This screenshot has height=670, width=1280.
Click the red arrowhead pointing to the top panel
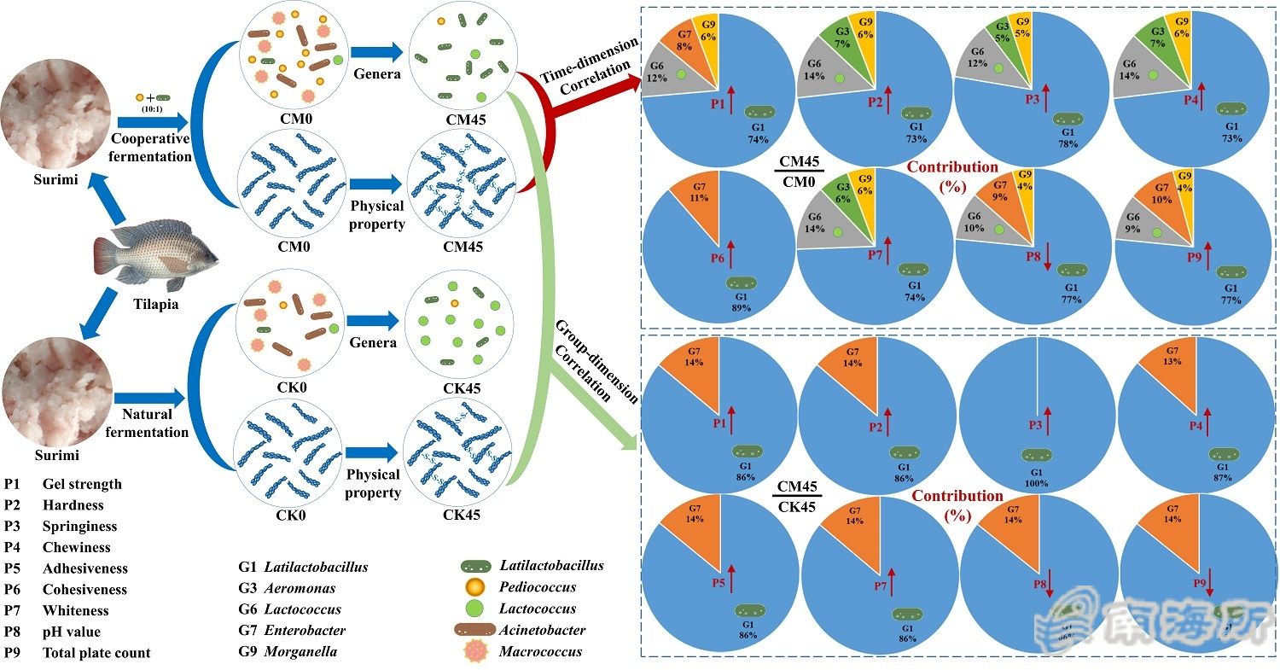coord(632,83)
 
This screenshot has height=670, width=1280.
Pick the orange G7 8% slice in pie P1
coord(674,47)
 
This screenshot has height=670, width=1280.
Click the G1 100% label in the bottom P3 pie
coord(1039,478)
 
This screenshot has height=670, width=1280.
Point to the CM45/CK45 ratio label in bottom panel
coord(798,496)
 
